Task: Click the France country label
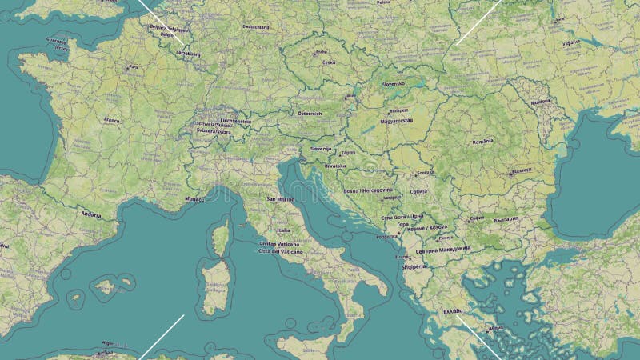pyautogui.click(x=111, y=119)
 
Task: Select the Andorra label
pyautogui.click(x=90, y=214)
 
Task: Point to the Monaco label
pyautogui.click(x=194, y=198)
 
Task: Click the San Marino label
pyautogui.click(x=281, y=198)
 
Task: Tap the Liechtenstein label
pyautogui.click(x=235, y=121)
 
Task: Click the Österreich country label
pyautogui.click(x=310, y=114)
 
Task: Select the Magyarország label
pyautogui.click(x=395, y=121)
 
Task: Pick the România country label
pyautogui.click(x=483, y=141)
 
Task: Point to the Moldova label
pyautogui.click(x=542, y=102)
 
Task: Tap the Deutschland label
pyautogui.click(x=255, y=26)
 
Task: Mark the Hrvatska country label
pyautogui.click(x=335, y=166)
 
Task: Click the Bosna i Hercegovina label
pyautogui.click(x=368, y=190)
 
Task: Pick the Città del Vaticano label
pyautogui.click(x=279, y=251)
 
